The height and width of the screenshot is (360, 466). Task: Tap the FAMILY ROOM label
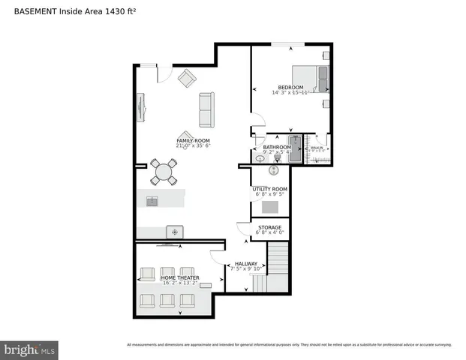193,141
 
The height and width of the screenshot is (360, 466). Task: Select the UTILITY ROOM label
269,189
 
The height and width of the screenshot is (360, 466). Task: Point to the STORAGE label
269,227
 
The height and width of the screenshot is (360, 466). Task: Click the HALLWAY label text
246,264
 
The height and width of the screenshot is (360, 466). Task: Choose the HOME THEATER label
179,278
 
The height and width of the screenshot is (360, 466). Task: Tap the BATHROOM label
277,147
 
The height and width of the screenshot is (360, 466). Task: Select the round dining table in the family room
163,172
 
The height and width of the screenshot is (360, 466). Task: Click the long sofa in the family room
206,109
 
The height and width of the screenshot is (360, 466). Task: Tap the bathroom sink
260,158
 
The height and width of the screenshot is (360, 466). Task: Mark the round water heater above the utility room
274,171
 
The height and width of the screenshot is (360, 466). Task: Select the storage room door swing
243,229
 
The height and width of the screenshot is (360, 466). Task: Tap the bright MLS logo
30,349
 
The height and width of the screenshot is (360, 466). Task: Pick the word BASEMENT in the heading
35,11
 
